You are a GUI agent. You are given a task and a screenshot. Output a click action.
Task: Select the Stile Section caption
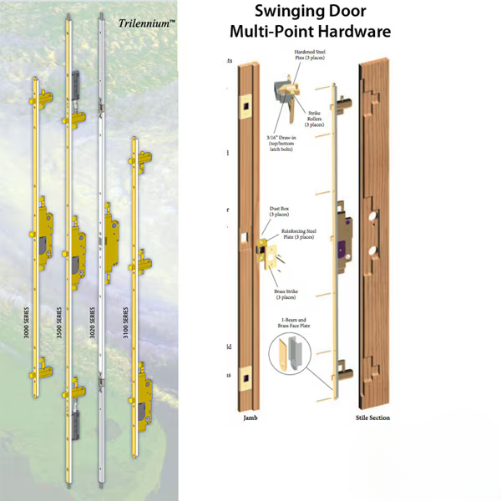click(374, 417)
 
